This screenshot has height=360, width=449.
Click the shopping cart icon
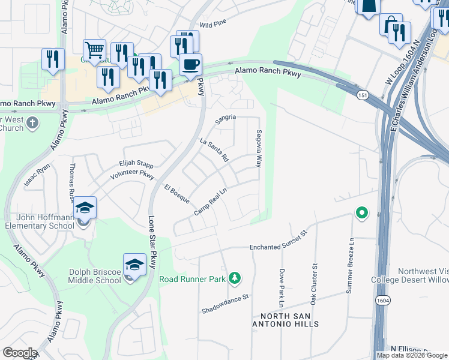pos(94,49)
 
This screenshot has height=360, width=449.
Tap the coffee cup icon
pos(191,64)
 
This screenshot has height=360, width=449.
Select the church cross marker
pos(32,123)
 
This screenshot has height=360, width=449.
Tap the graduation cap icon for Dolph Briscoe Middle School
pos(134,263)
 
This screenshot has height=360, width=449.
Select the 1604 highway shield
pos(381,299)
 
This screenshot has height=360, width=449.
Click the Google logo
pos(19,353)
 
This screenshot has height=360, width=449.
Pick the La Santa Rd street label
pos(214,150)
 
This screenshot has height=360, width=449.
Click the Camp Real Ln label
pos(211,202)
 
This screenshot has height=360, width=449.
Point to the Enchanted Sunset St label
pos(278,240)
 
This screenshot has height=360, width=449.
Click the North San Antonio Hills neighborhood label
pos(289,320)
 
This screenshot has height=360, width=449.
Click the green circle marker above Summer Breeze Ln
pos(361,213)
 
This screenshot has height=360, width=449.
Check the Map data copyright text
pos(412,355)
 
